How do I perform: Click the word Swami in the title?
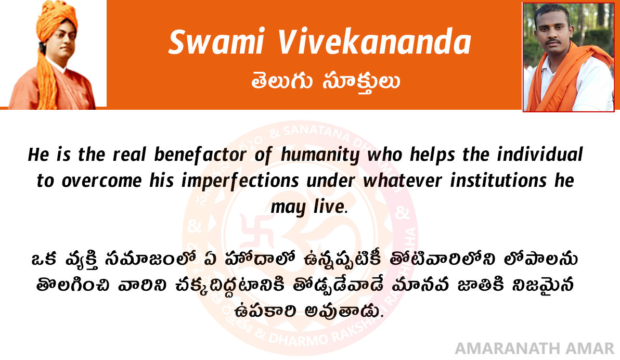[x=216, y=42]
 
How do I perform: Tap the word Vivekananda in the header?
[x=374, y=42]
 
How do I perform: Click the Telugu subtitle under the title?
[x=326, y=82]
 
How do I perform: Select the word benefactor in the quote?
[x=200, y=155]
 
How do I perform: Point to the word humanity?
[x=320, y=155]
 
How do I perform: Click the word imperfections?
[x=240, y=181]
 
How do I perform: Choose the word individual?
[x=540, y=155]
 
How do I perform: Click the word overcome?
[x=101, y=181]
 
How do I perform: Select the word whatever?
[x=403, y=181]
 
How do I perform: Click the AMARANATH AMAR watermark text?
[x=535, y=349]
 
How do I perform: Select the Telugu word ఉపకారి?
[x=265, y=311]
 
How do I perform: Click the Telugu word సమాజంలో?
[x=151, y=259]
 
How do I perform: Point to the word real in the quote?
[x=130, y=155]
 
